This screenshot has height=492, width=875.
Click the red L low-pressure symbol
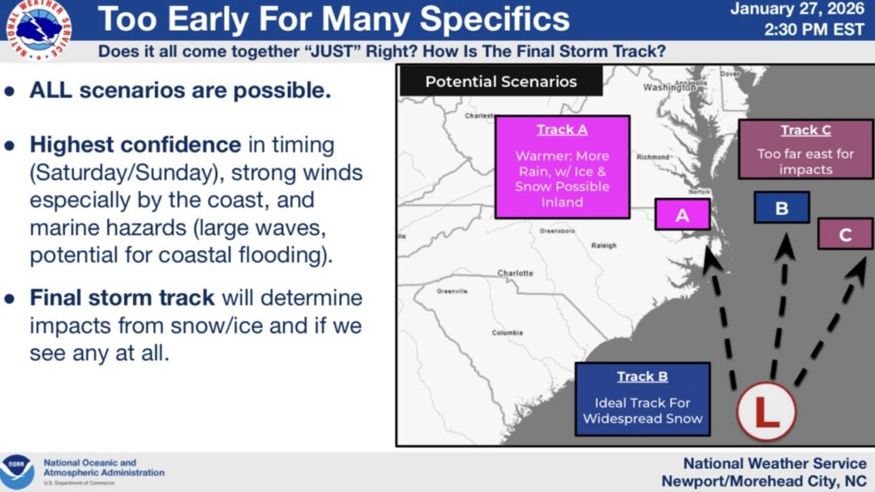point(766,412)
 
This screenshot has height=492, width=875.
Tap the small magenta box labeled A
point(683,214)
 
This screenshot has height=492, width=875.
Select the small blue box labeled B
point(781,208)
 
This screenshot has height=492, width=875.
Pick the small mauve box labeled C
point(845,234)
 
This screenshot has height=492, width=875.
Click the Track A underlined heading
point(562,130)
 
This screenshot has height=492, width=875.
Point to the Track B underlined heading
point(643,377)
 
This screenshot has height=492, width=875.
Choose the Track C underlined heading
point(806,130)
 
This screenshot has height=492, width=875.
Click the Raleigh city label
point(604,245)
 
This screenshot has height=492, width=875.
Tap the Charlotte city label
point(515,273)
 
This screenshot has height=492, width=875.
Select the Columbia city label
point(508,333)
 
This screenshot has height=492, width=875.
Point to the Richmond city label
point(653,157)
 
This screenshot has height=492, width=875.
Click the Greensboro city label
point(557,231)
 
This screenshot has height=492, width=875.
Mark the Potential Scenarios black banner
point(501,81)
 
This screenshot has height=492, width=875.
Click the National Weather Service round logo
point(38,29)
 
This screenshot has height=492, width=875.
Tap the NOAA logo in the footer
point(17,471)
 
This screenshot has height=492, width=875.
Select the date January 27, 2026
point(797,9)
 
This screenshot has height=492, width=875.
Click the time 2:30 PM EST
point(814,29)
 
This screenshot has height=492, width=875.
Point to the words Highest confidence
point(136,145)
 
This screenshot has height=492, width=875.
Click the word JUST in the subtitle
point(334,52)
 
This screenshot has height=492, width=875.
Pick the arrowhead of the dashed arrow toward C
point(856,270)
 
